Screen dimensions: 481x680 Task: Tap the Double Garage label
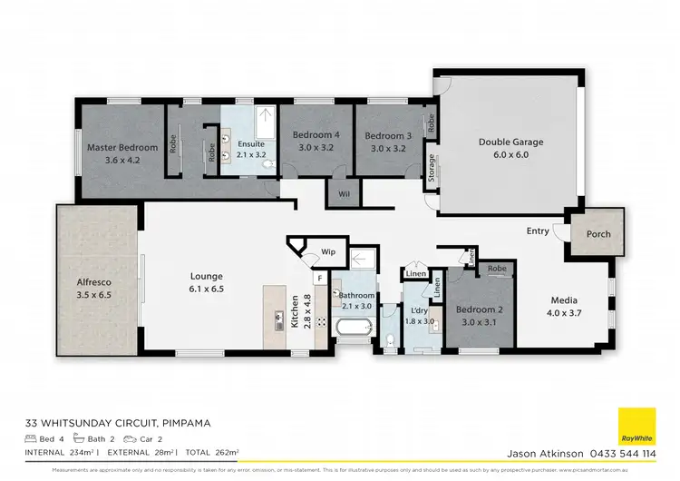tap(510, 142)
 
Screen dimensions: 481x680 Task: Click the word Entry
tap(538, 231)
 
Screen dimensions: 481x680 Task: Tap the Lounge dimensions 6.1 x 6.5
tap(206, 290)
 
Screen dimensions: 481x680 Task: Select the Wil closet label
tap(345, 192)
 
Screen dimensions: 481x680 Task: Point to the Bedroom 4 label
tap(315, 136)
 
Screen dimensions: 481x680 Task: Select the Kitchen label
tap(294, 310)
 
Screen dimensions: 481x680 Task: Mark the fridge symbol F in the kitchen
tap(320, 280)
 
